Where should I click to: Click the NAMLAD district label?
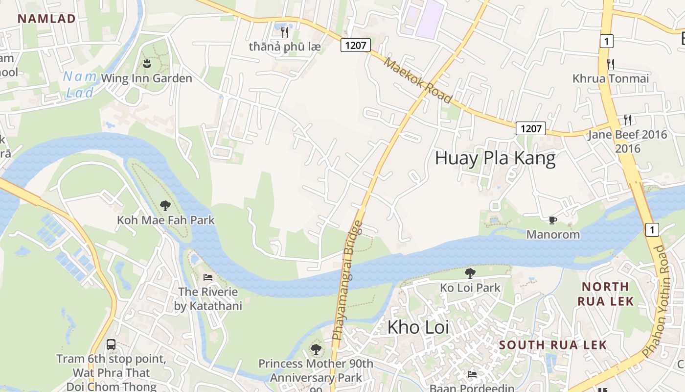[x=46, y=19]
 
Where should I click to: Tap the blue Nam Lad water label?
[x=79, y=84]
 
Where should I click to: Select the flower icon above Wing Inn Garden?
[x=146, y=63]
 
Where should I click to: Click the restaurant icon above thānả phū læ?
[x=285, y=32]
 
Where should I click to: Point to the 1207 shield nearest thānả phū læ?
[x=356, y=46]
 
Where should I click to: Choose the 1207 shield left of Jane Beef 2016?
[x=531, y=128]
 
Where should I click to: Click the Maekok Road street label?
[x=417, y=80]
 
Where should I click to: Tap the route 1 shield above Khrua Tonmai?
[x=606, y=41]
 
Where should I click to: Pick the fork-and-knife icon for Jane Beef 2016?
[x=627, y=120]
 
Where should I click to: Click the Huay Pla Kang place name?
[x=495, y=159]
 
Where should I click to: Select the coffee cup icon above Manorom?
[x=553, y=220]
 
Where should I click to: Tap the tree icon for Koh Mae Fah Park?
[x=165, y=205]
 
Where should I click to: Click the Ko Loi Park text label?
[x=470, y=288]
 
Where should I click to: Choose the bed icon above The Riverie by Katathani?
[x=208, y=277]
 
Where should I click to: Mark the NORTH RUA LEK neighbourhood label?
[x=606, y=294]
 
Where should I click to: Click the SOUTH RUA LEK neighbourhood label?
[x=553, y=345]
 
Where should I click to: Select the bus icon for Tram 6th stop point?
[x=111, y=344]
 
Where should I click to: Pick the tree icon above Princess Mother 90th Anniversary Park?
[x=316, y=349]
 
